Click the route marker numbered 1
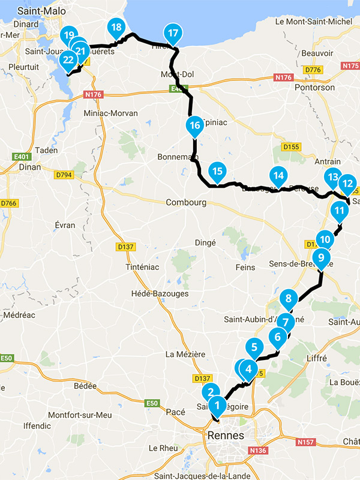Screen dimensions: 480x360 217,405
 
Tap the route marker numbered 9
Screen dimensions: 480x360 321,258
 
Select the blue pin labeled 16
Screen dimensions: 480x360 193,125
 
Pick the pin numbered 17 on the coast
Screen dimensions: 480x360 173,34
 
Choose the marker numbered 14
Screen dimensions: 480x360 277,175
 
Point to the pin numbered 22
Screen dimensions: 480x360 68,59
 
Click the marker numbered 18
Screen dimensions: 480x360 116,28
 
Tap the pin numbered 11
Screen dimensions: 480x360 340,211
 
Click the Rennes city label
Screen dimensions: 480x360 225,435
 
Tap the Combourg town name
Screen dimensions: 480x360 186,203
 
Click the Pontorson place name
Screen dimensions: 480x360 314,87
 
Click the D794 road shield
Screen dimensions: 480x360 63,175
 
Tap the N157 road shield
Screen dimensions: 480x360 305,442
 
